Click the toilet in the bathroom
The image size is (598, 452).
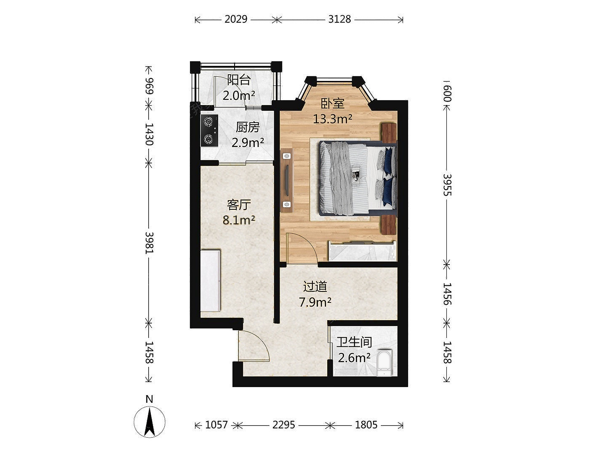click(384, 363)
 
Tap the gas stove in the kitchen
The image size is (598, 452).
click(209, 131)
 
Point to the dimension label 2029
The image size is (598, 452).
click(236, 19)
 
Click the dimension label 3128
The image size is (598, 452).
click(339, 19)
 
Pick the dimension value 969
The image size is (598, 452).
click(149, 86)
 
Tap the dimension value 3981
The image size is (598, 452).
click(149, 243)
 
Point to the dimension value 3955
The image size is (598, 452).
click(447, 185)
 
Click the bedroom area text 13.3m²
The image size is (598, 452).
click(332, 119)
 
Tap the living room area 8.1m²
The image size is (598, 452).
click(239, 220)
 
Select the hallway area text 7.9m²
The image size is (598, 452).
click(315, 302)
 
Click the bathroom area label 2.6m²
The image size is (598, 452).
click(354, 358)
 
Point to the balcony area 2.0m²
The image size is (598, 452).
click(239, 96)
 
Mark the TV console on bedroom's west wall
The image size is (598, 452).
click(287, 181)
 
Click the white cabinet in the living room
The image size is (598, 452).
click(211, 281)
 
